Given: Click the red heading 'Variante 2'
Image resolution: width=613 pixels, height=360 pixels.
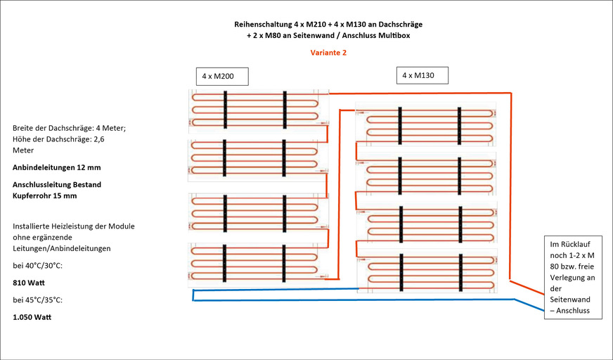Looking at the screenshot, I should coord(328,52).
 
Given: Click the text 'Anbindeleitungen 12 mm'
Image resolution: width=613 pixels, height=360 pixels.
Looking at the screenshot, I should coord(56,167).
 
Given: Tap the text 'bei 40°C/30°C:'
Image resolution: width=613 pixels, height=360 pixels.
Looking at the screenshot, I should coord(39,266).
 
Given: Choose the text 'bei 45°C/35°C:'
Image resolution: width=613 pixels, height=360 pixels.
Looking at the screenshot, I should coord(39,300).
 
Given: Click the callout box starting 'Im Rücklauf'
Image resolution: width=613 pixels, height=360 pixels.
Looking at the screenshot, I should coord(573,278).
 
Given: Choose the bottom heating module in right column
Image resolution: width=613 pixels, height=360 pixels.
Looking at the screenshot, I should coord(427,271).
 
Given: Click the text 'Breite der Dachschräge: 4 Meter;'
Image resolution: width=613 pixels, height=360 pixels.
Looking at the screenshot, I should coord(69,128).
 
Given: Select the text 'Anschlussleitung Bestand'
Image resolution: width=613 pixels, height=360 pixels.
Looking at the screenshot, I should coord(57,184).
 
